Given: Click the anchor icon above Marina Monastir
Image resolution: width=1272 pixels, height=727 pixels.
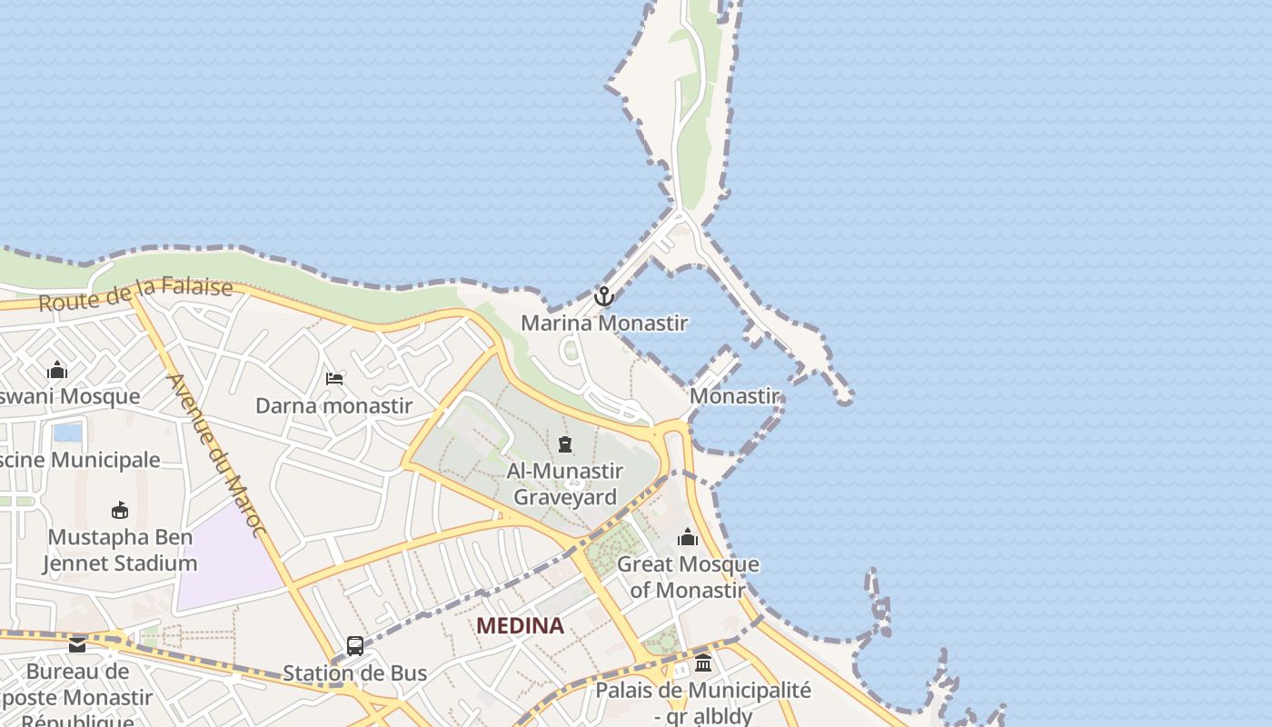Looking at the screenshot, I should [603, 296].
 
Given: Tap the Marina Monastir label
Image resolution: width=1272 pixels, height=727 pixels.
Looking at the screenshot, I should [603, 323].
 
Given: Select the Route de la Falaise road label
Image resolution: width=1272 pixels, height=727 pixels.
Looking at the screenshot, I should [135, 294].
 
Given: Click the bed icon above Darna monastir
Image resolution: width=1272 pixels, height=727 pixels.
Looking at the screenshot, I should [334, 378].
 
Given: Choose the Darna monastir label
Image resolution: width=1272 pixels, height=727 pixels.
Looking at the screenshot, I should [333, 405].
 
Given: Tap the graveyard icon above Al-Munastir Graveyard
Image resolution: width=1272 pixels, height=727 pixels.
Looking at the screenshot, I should [565, 444].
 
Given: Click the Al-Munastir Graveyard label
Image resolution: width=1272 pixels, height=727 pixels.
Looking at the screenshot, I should [564, 483].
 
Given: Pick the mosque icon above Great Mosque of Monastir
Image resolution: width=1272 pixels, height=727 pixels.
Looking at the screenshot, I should [688, 537].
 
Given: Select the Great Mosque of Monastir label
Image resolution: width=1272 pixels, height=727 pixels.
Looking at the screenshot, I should [688, 576].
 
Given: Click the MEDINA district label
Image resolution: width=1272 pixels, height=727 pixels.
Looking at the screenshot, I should [520, 625].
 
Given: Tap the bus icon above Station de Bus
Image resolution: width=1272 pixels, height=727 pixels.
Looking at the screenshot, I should [354, 646].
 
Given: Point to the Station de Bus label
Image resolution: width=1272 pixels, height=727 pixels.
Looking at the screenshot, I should [354, 673].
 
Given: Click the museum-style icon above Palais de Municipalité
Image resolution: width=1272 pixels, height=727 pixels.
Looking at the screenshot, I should [702, 663].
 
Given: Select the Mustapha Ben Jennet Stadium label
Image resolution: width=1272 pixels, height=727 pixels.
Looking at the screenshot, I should [120, 550].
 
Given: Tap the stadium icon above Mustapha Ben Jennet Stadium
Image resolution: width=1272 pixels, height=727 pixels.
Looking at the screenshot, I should [119, 510].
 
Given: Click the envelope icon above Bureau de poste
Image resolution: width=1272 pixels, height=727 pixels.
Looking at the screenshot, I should [77, 645].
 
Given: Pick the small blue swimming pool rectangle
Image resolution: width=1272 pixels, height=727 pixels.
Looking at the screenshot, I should [67, 432].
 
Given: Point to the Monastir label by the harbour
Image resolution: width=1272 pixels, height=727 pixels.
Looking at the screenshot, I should [734, 396].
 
